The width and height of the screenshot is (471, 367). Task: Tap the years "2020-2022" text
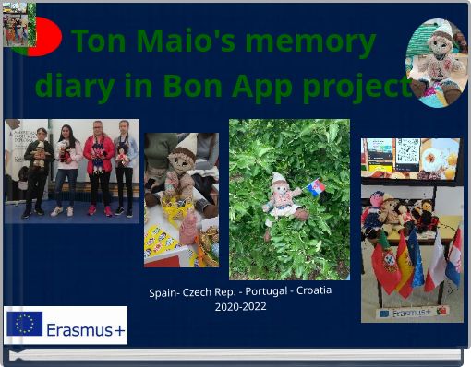click(x=240, y=306)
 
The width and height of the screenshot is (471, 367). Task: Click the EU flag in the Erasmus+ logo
click(x=25, y=325)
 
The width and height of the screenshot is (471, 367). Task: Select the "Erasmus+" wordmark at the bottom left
click(x=86, y=329)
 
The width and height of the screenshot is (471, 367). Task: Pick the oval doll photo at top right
click(x=437, y=62)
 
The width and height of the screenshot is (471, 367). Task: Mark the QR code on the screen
click(x=407, y=151)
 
